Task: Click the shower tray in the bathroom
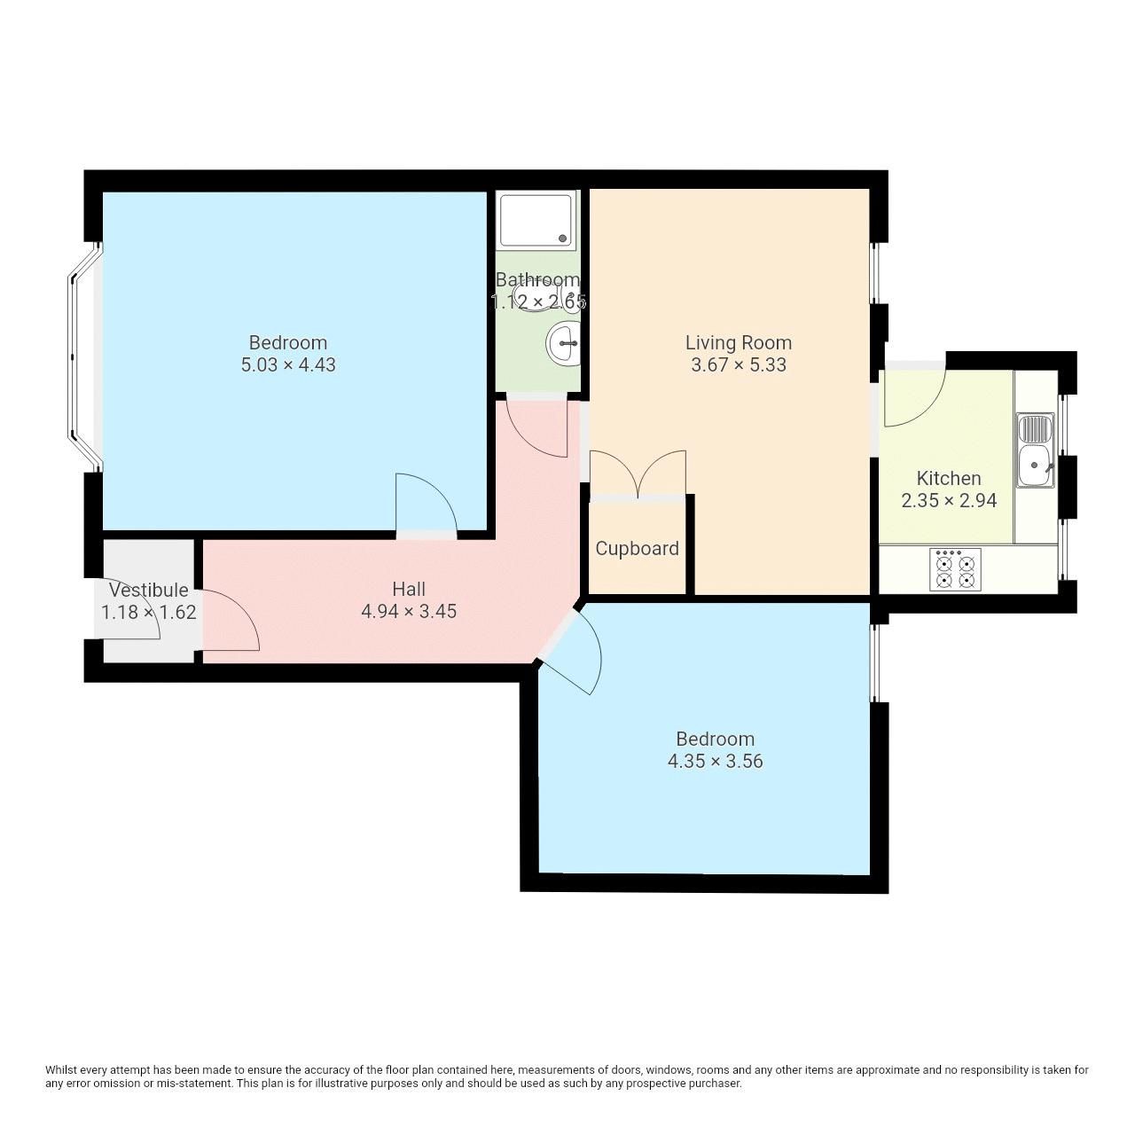point(537,220)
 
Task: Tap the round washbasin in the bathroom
point(563,343)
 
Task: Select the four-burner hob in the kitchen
point(955,569)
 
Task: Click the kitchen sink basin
point(1034,466)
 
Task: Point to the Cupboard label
point(637,549)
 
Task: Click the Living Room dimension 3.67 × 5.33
point(738,365)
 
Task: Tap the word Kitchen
point(948,479)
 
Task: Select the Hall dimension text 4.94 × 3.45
point(409,611)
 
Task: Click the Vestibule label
point(148,590)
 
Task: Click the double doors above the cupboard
point(638,474)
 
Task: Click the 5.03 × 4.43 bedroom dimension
point(288,365)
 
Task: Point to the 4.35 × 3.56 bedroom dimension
point(715,762)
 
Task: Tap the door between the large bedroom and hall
point(427,505)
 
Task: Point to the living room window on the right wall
point(874,272)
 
